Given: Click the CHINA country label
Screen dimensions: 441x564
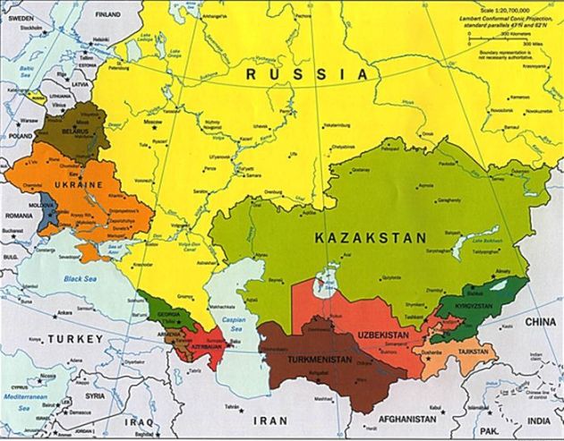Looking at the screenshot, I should [539, 320].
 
